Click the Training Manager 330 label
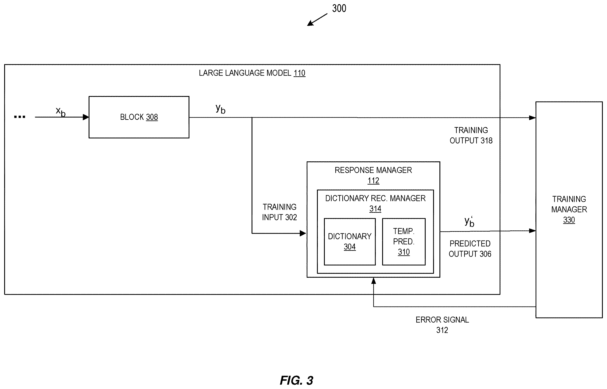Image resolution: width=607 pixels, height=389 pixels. tap(569, 209)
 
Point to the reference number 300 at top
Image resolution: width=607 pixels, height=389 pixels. tap(339, 9)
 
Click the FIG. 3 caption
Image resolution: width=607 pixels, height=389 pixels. tap(297, 380)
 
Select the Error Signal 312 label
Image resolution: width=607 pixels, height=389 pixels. tap(442, 325)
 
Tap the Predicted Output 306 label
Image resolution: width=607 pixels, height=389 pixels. tap(470, 249)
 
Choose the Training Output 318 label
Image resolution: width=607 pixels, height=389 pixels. tap(471, 135)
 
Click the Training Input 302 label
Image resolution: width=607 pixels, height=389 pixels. tap(280, 212)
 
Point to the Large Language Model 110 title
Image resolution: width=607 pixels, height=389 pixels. tap(252, 73)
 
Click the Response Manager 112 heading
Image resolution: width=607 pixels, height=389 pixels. tap(373, 175)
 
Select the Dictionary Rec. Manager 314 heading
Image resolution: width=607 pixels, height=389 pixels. tap(375, 204)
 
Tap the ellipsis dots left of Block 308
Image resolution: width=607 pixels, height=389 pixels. tap(19, 117)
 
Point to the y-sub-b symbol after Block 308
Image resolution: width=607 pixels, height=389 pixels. tap(220, 109)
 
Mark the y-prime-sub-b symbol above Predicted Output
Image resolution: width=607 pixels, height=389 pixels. tap(469, 222)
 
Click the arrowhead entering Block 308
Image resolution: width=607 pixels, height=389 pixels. tap(86, 117)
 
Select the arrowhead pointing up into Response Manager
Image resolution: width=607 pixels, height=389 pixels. tap(374, 281)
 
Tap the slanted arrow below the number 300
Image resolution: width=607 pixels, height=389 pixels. tap(317, 20)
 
